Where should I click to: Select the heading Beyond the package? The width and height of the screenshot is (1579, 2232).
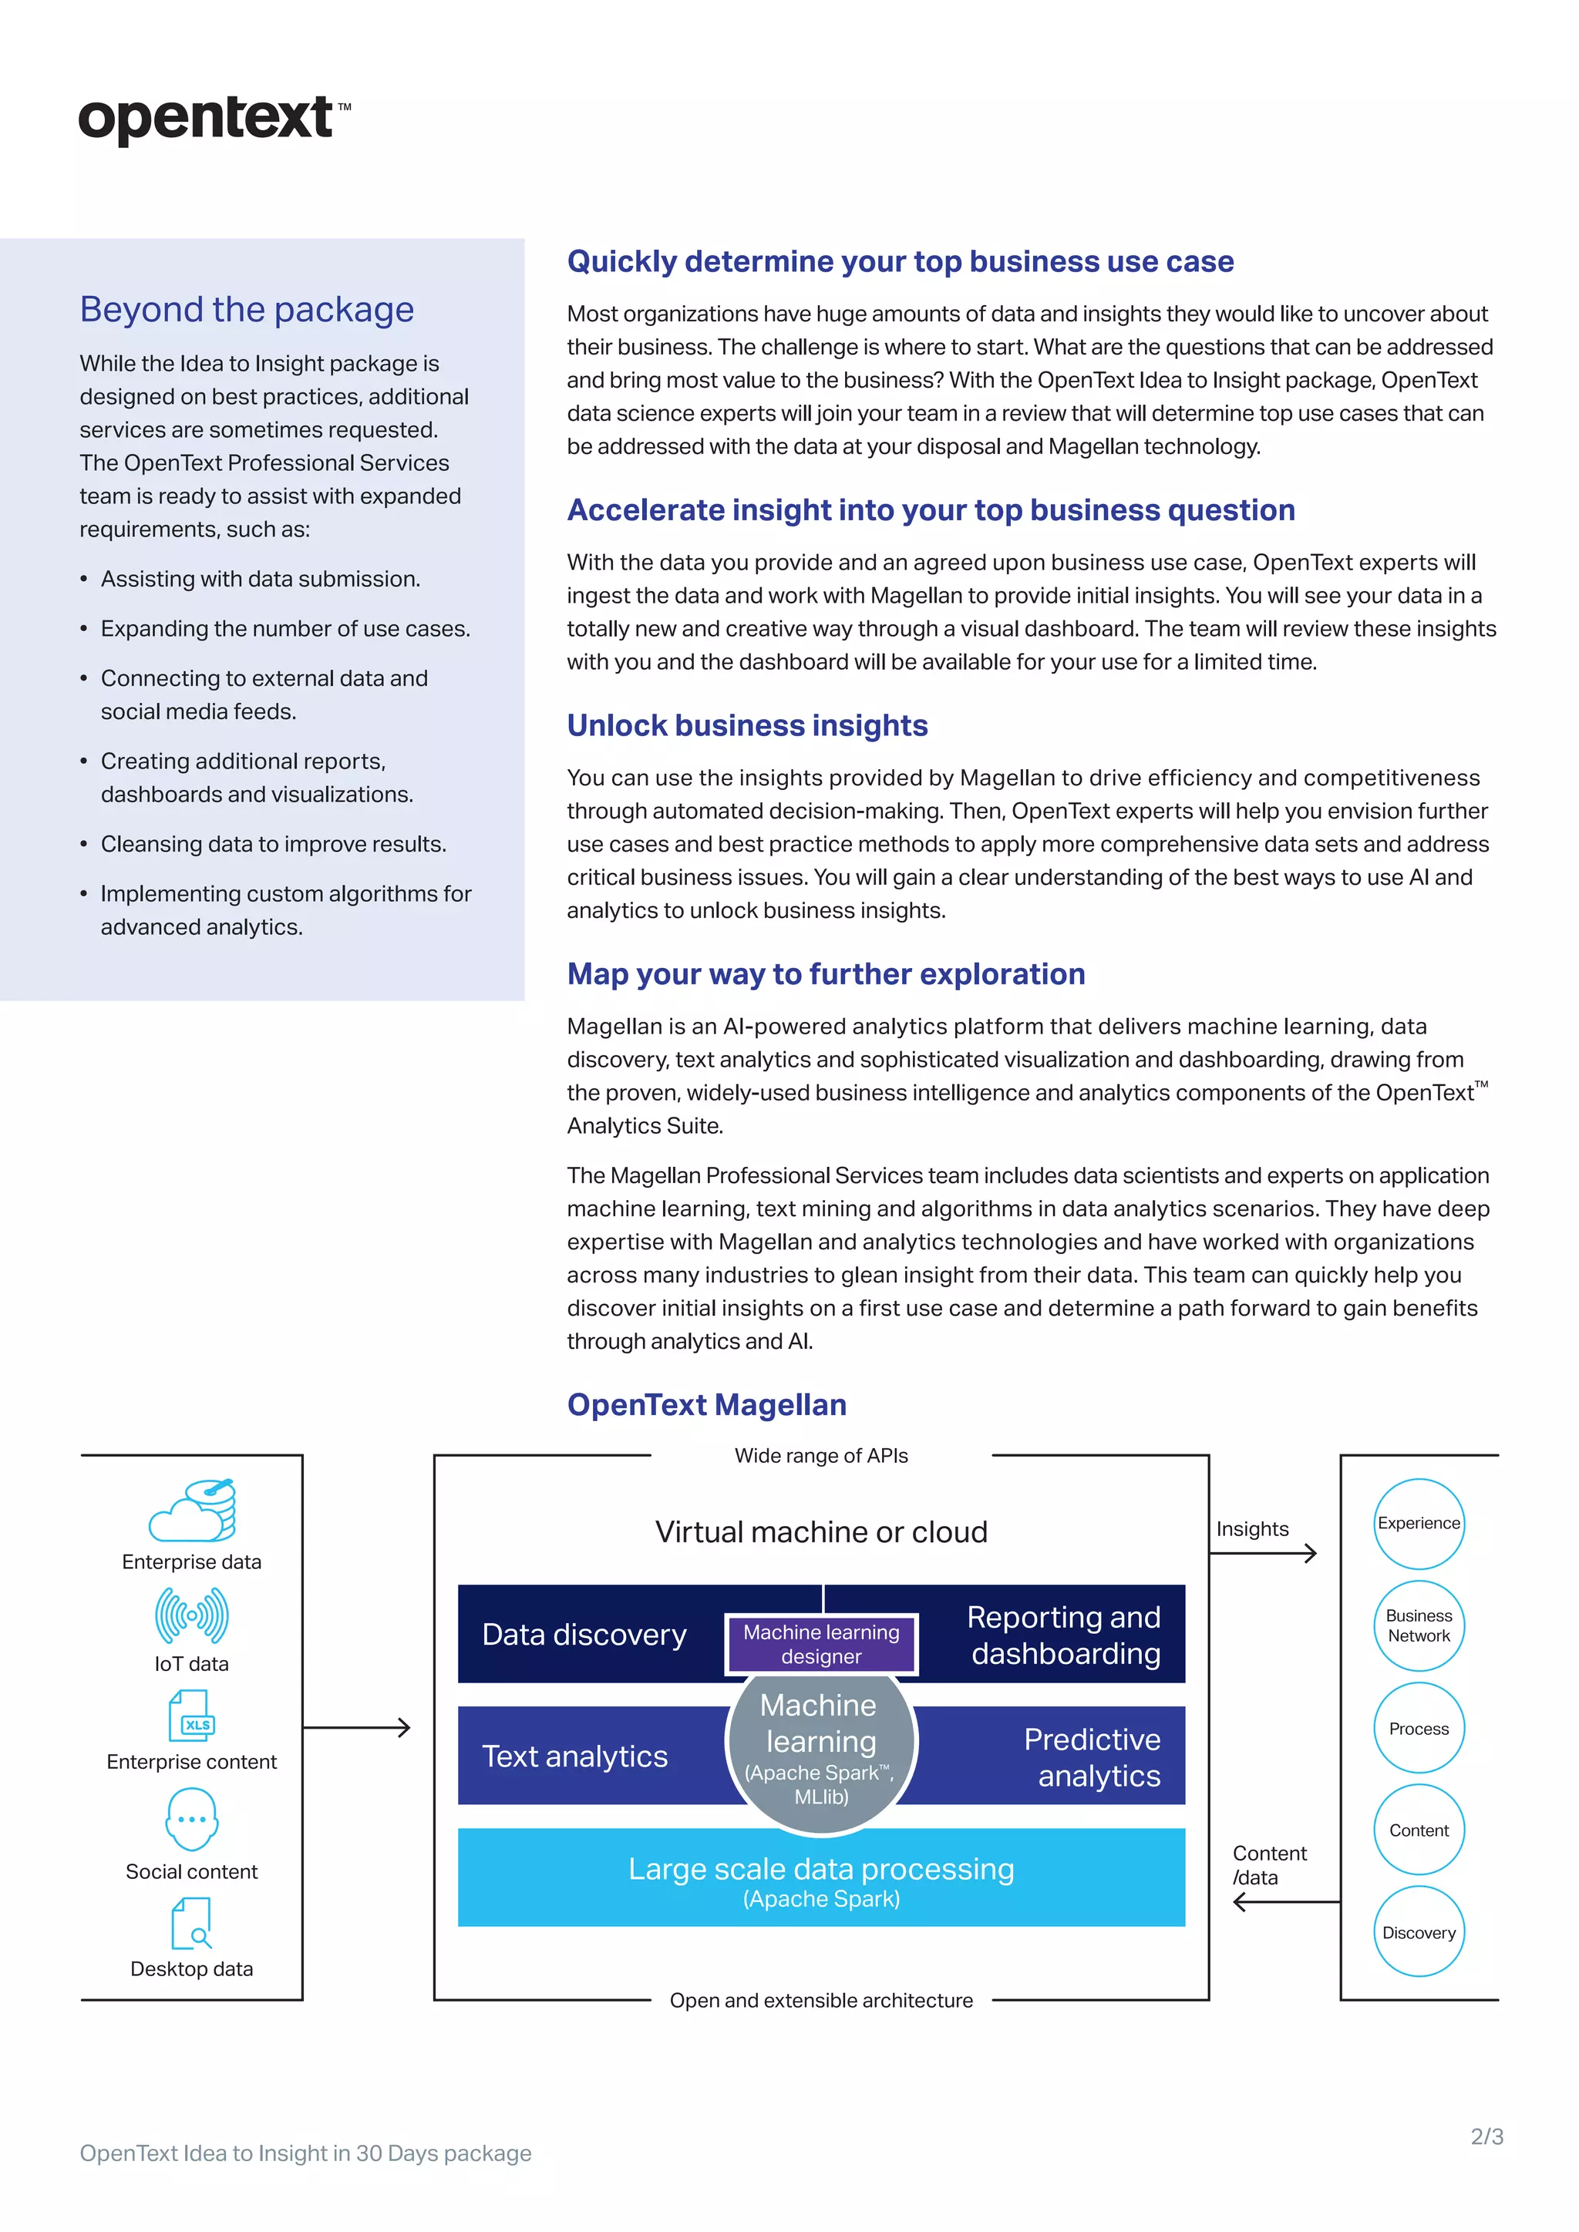(x=247, y=309)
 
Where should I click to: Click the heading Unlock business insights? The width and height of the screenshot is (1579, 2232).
(x=747, y=725)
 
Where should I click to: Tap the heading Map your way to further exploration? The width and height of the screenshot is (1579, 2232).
(x=826, y=974)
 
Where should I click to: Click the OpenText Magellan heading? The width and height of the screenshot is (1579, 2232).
(x=706, y=1405)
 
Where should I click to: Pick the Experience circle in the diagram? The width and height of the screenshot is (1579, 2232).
(x=1419, y=1523)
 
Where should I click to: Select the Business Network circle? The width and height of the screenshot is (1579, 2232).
(x=1419, y=1625)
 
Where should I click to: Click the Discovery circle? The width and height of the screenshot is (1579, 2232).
(x=1419, y=1933)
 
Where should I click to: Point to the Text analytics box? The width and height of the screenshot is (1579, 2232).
(x=576, y=1756)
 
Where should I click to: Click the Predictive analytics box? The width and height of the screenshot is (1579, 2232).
(x=1079, y=1756)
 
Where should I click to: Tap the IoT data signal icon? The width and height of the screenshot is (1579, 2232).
(x=191, y=1615)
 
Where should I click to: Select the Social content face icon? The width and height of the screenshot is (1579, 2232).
(x=191, y=1819)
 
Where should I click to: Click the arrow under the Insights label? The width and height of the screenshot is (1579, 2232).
(x=1263, y=1554)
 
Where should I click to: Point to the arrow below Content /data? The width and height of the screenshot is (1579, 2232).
(x=1285, y=1902)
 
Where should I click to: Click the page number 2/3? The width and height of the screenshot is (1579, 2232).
(x=1486, y=2136)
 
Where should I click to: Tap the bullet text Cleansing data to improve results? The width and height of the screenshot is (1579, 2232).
(x=273, y=844)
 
